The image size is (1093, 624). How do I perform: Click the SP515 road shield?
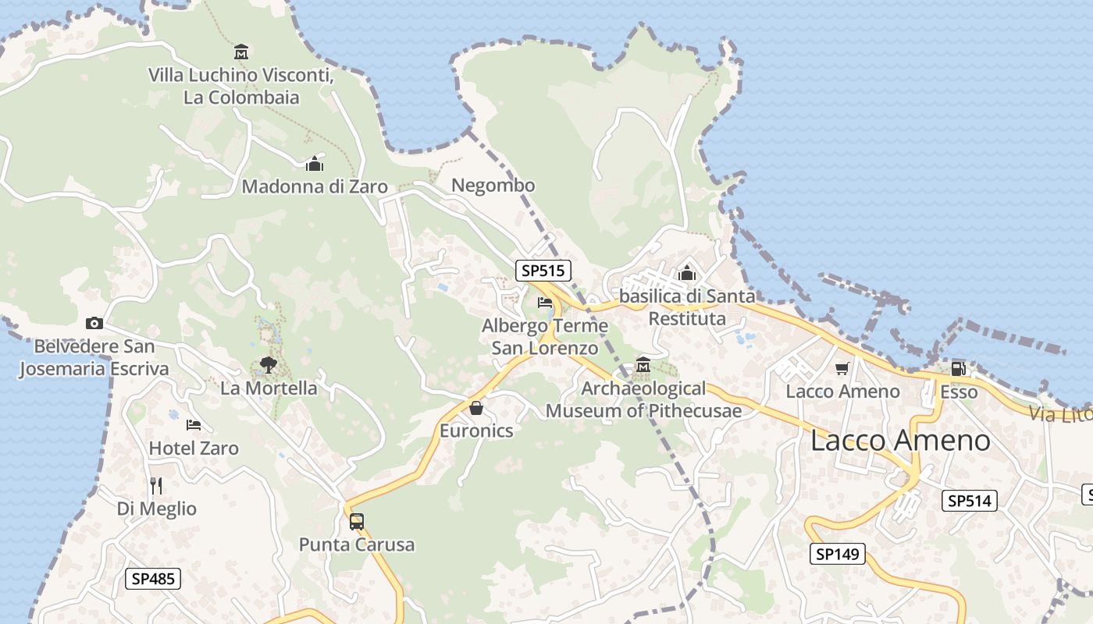point(543,271)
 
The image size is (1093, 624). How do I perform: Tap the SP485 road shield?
point(153,579)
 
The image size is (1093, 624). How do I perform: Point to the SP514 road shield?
point(970,501)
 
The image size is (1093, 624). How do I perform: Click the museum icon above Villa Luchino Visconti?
point(241,52)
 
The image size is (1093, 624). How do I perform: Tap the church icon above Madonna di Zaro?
point(315,164)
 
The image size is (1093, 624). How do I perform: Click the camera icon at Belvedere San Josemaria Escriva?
point(94,323)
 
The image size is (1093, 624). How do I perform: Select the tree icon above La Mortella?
point(268,364)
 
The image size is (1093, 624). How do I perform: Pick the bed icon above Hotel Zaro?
point(194,425)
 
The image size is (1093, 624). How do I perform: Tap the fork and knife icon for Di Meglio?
point(156,485)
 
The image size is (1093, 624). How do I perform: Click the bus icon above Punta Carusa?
point(356,521)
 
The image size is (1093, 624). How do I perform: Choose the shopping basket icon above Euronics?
point(476,407)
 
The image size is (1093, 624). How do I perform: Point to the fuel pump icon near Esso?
point(958,369)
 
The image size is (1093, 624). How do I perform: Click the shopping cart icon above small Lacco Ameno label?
point(842,368)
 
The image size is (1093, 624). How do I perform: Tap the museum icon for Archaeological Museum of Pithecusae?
point(643,364)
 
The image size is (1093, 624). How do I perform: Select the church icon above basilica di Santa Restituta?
point(687,273)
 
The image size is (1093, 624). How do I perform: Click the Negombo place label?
point(493,186)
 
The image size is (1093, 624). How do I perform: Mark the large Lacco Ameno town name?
point(900,440)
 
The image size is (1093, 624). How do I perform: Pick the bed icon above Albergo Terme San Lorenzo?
point(545,302)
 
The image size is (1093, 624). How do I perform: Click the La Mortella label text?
point(269,388)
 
